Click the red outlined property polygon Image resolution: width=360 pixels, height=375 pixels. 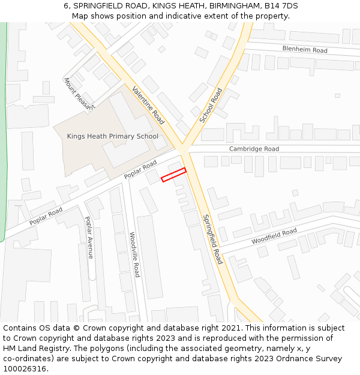point(174,175)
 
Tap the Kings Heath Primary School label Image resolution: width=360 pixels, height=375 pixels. point(113,136)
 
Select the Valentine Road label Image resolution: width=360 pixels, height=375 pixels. point(148,104)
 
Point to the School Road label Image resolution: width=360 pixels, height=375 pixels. point(211,106)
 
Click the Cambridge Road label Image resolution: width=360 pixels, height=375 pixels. point(254,149)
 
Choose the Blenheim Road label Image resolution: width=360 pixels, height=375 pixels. point(305,49)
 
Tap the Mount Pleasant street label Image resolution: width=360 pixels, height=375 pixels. point(79,94)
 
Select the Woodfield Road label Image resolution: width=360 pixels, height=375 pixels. point(274,235)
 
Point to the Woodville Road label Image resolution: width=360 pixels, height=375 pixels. point(134,254)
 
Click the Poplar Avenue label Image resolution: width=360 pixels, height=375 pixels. point(89,237)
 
